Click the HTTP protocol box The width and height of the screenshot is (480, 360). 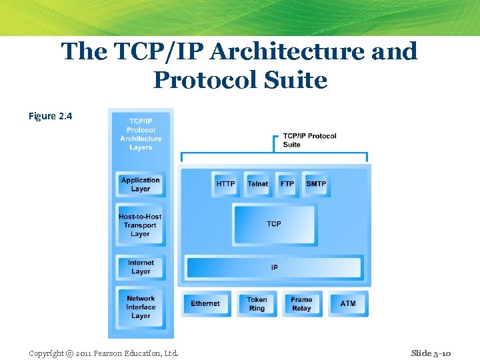[x=225, y=184]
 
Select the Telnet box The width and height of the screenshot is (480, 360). [x=257, y=184]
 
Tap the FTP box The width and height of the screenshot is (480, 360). [x=287, y=184]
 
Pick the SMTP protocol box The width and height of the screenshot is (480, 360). [x=316, y=184]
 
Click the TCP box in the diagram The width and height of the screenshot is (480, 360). [x=274, y=224]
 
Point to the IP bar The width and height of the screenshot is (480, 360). [x=274, y=267]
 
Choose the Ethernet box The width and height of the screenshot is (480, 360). [x=205, y=304]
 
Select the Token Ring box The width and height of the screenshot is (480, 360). [x=257, y=304]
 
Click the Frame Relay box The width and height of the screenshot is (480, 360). [x=301, y=304]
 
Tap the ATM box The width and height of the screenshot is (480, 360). [x=348, y=304]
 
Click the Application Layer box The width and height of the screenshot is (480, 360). [x=141, y=185]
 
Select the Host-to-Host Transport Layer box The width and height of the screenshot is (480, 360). [x=140, y=225]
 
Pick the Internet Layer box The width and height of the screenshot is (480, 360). [x=141, y=267]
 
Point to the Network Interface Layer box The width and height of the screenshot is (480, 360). [x=141, y=307]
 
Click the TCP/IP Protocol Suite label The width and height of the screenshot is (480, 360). [x=309, y=140]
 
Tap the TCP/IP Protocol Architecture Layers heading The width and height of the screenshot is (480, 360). [x=141, y=134]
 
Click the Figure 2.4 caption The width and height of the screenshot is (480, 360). [x=50, y=116]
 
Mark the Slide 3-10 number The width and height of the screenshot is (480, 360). [x=431, y=353]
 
